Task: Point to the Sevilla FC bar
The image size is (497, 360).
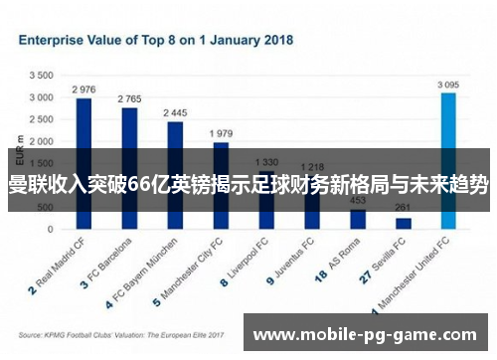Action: click(404, 223)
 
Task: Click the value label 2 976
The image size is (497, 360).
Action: click(83, 89)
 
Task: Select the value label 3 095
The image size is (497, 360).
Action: click(448, 86)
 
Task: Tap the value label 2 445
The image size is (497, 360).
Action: click(175, 112)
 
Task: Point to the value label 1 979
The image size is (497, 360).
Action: click(221, 132)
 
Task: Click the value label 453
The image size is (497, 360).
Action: click(358, 199)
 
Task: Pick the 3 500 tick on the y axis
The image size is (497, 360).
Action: click(41, 76)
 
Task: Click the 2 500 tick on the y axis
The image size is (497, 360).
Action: click(41, 119)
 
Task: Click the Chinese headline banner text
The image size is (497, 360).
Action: click(248, 184)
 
